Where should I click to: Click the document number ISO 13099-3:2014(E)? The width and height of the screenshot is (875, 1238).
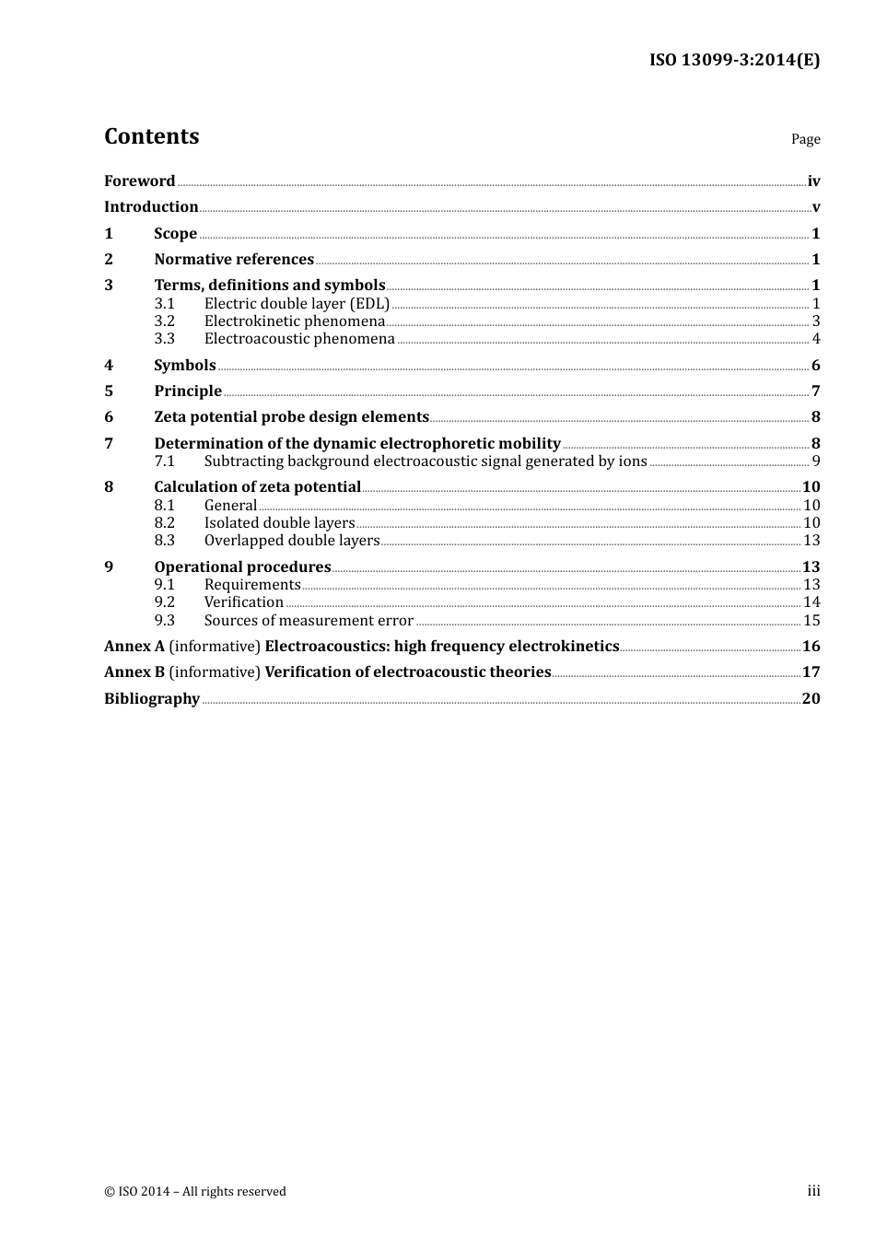coord(734,60)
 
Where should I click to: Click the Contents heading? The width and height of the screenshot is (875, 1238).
coord(151,136)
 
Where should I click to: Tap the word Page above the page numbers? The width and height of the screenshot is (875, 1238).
coord(805,139)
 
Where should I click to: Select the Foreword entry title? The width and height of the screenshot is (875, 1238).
coord(139,181)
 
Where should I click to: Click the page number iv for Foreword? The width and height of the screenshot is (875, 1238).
coord(813,181)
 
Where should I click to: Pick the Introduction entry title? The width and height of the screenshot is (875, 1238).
coord(151,207)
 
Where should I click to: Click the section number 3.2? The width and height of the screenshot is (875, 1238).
coord(164,321)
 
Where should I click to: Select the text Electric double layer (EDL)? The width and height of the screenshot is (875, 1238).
coord(297,304)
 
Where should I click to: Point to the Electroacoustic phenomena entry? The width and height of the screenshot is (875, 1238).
coord(299,339)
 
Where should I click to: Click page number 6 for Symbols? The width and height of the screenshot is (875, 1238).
coord(815,366)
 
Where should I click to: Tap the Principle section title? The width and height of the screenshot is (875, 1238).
coord(188,391)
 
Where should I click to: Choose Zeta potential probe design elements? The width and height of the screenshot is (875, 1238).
coord(291,417)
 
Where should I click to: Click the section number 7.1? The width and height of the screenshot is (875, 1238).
coord(164,461)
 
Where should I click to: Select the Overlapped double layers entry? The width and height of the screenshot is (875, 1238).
coord(292,541)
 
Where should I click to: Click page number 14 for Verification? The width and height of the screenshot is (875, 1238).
coord(811,602)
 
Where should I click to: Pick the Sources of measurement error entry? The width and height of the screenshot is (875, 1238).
coord(309,621)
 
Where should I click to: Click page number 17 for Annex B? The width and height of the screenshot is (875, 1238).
coord(811,672)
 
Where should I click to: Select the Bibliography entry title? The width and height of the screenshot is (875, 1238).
coord(152,699)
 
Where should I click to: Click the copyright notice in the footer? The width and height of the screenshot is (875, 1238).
coord(195,1192)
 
